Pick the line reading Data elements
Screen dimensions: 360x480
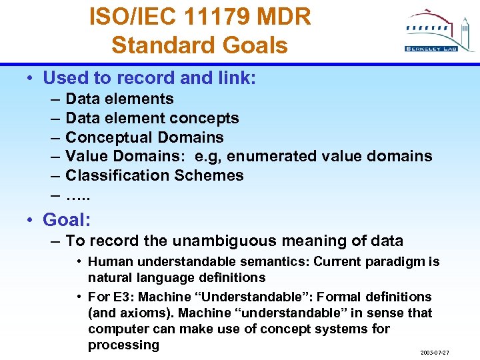tap(119, 99)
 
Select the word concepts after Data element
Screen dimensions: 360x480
tap(207, 119)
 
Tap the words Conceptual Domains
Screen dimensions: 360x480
tap(145, 138)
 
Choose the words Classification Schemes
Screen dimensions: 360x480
tap(155, 176)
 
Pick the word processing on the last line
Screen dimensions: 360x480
tap(123, 345)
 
